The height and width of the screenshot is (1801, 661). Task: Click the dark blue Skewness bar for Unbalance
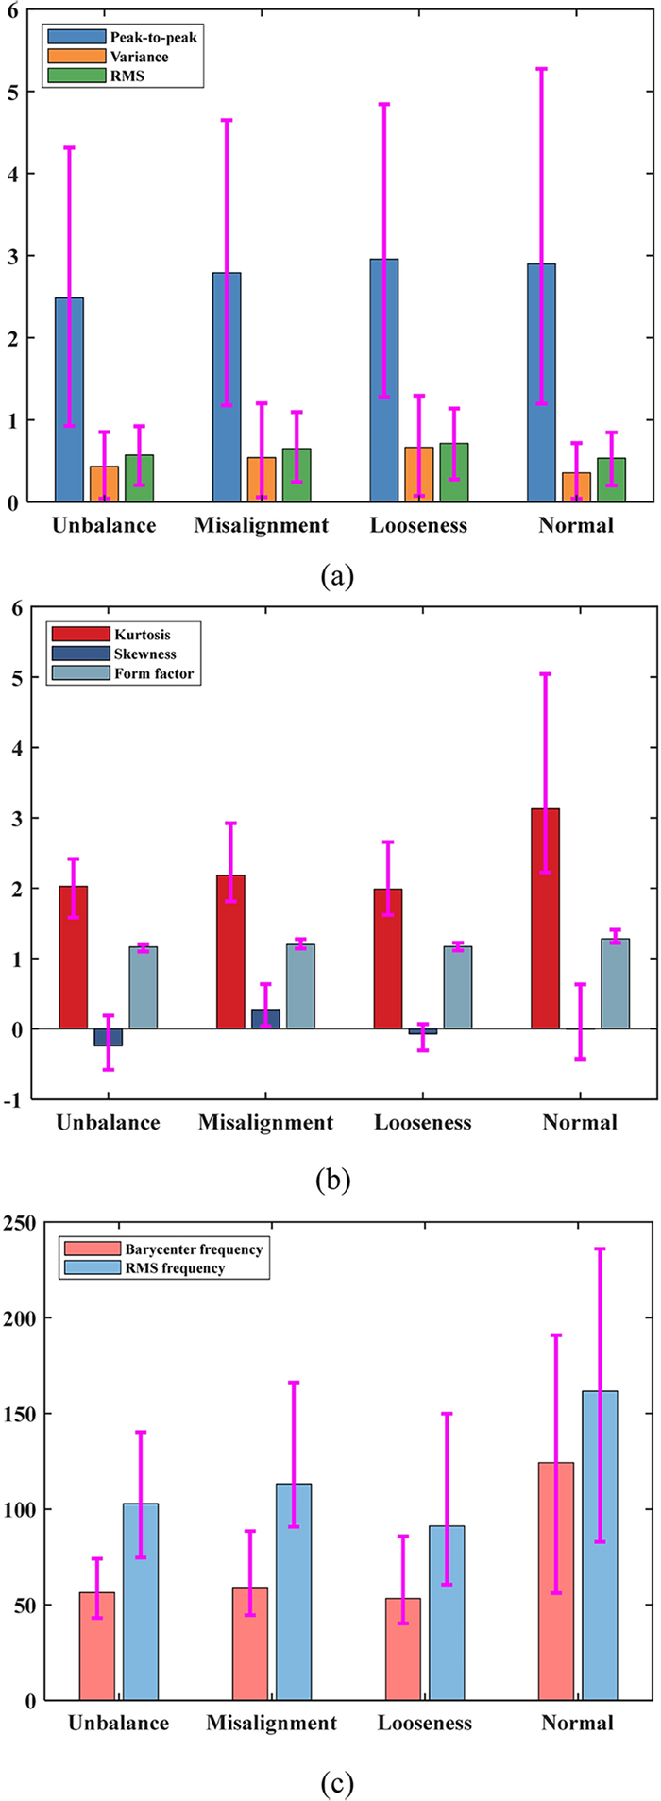[108, 1037]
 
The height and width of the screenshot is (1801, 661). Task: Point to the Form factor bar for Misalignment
[300, 986]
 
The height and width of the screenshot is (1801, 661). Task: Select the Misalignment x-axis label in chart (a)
[262, 525]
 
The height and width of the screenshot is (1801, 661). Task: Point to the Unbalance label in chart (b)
[108, 1122]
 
